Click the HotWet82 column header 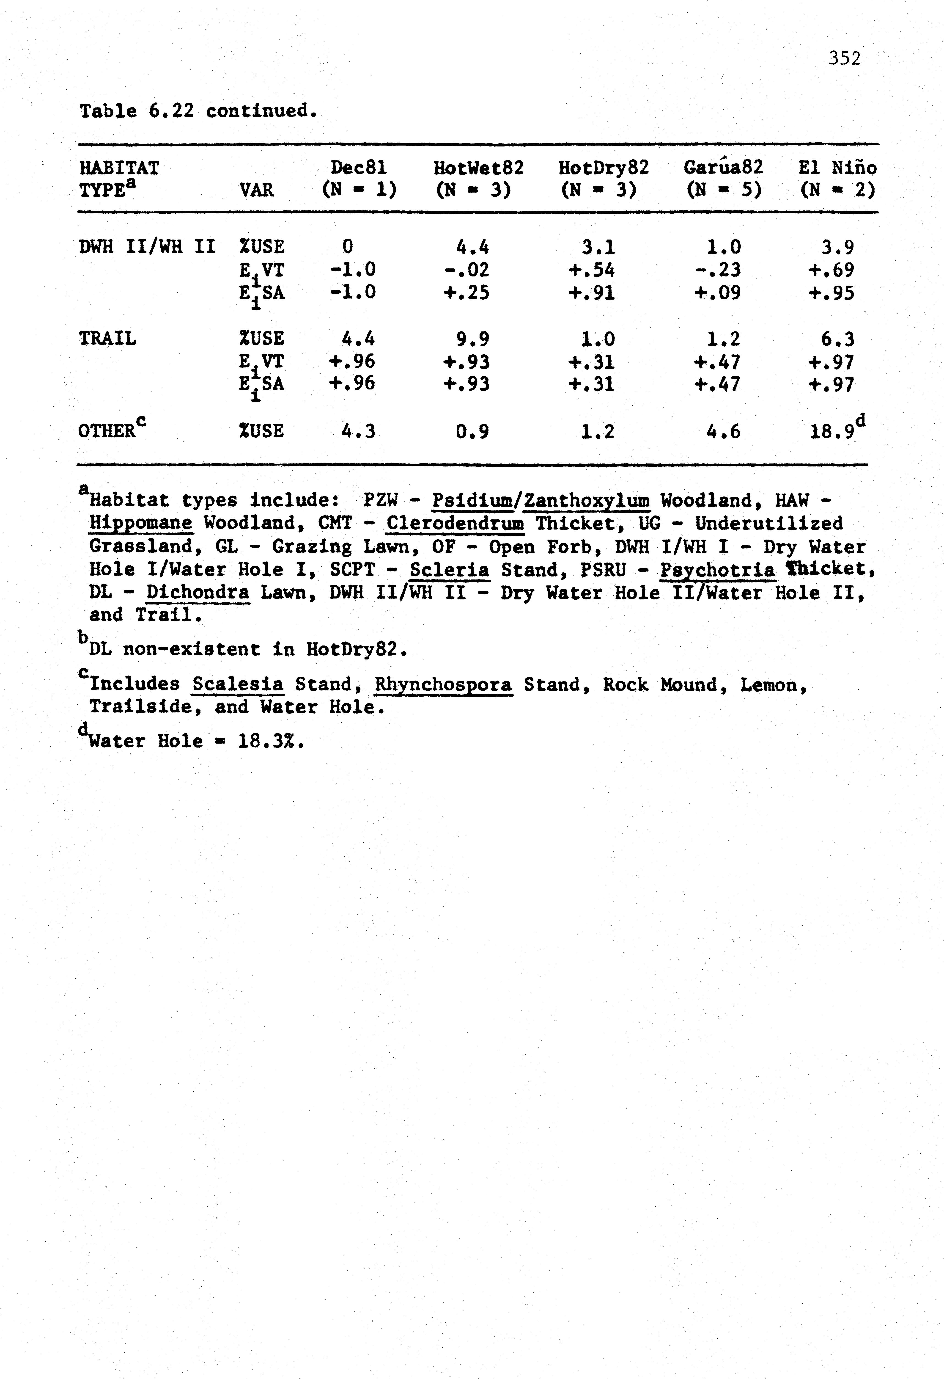(478, 168)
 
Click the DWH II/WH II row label (146, 246)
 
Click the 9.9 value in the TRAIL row (473, 339)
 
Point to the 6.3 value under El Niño (837, 339)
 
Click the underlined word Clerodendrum (455, 523)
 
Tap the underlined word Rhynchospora (443, 685)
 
